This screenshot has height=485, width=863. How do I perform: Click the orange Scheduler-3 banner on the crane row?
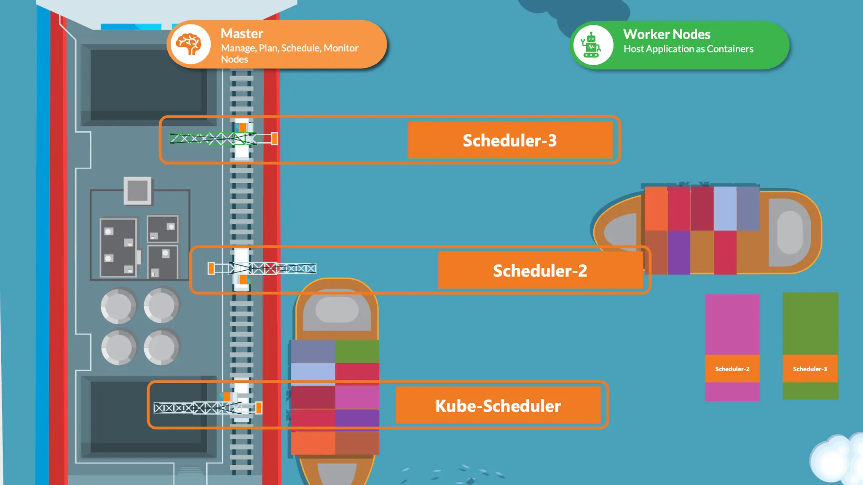coord(510,140)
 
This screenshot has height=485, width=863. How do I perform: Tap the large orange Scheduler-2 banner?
coord(540,271)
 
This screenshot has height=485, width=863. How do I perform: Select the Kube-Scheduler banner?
coord(498,405)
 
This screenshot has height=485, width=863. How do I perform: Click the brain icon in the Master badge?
coord(190,44)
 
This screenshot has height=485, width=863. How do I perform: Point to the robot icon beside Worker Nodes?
coord(592,45)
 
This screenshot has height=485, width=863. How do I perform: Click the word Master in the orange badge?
coord(242,34)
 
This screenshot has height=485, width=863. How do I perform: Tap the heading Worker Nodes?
coord(667,34)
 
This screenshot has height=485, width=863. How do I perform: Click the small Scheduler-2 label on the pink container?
coord(732,369)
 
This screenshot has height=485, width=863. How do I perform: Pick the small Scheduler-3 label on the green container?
coord(810,369)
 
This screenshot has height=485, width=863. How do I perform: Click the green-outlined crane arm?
coord(206,139)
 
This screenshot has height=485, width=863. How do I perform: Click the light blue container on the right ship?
coord(725,209)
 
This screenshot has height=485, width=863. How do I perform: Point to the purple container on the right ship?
coord(679,252)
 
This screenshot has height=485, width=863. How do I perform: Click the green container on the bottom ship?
coord(357,351)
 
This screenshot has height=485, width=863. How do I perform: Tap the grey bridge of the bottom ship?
coord(337,310)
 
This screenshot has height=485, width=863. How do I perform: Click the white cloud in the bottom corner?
coord(836,461)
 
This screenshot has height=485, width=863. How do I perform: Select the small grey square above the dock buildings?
coord(137,190)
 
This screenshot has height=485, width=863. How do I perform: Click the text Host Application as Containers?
coord(688,49)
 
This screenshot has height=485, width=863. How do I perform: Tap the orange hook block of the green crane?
coord(274,139)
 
